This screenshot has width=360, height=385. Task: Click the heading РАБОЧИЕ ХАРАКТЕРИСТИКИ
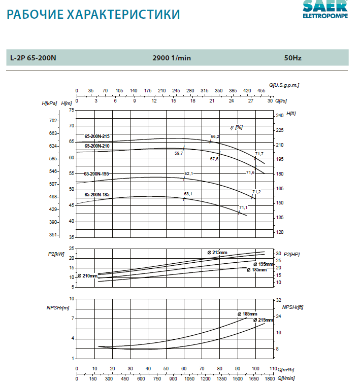[93, 14]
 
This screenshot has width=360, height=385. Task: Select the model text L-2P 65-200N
[33, 58]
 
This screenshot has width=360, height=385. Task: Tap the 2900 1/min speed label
[172, 58]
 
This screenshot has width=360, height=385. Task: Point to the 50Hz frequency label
[293, 58]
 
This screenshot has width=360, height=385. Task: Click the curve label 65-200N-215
[97, 136]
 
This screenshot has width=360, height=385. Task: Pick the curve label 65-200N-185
[97, 194]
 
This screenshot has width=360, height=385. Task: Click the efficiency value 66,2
[215, 136]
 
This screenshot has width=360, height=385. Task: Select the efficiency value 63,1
[188, 194]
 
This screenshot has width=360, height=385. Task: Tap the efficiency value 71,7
[259, 154]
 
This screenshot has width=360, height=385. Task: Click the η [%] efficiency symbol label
[236, 127]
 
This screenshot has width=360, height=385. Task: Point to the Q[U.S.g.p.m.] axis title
[284, 85]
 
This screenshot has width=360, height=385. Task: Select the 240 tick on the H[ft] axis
[280, 116]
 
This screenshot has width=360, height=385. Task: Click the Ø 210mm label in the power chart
[87, 276]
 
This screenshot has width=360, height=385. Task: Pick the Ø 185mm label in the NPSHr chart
[247, 314]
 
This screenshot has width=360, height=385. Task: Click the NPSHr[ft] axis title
[293, 307]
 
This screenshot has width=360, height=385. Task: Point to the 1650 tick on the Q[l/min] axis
[254, 378]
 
